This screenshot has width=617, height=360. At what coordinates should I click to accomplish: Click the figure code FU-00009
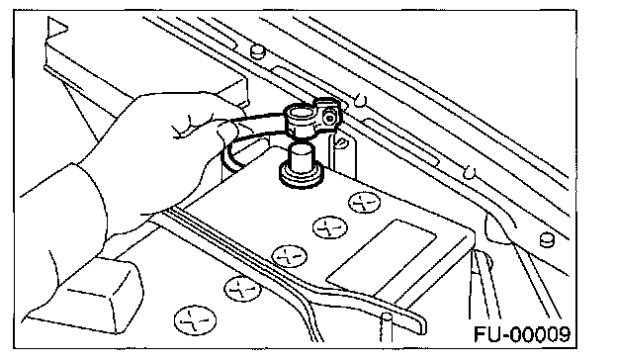pyautogui.click(x=522, y=334)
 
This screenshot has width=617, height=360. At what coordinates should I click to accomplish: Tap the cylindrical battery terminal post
pyautogui.click(x=302, y=164)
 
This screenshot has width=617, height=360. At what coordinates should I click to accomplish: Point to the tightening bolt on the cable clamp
pyautogui.click(x=329, y=117)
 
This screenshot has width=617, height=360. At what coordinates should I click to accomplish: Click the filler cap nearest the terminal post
pyautogui.click(x=365, y=203)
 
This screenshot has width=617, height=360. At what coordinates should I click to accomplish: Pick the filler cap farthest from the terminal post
pyautogui.click(x=195, y=319)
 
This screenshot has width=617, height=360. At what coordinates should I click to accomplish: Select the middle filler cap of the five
pyautogui.click(x=290, y=256)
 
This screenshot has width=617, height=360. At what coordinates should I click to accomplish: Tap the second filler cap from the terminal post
pyautogui.click(x=330, y=227)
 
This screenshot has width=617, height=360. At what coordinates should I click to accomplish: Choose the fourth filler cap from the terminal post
pyautogui.click(x=242, y=289)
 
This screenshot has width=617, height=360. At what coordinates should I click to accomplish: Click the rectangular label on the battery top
pyautogui.click(x=382, y=258)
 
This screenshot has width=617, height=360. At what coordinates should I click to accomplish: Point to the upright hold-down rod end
pyautogui.click(x=386, y=327)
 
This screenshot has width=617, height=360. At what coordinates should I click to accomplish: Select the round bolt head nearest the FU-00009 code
pyautogui.click(x=547, y=239)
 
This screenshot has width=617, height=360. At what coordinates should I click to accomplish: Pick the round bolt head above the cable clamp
pyautogui.click(x=257, y=51)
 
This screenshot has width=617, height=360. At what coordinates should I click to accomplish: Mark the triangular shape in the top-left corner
pyautogui.click(x=56, y=29)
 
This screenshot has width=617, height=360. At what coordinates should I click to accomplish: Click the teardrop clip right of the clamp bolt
pyautogui.click(x=360, y=100)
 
